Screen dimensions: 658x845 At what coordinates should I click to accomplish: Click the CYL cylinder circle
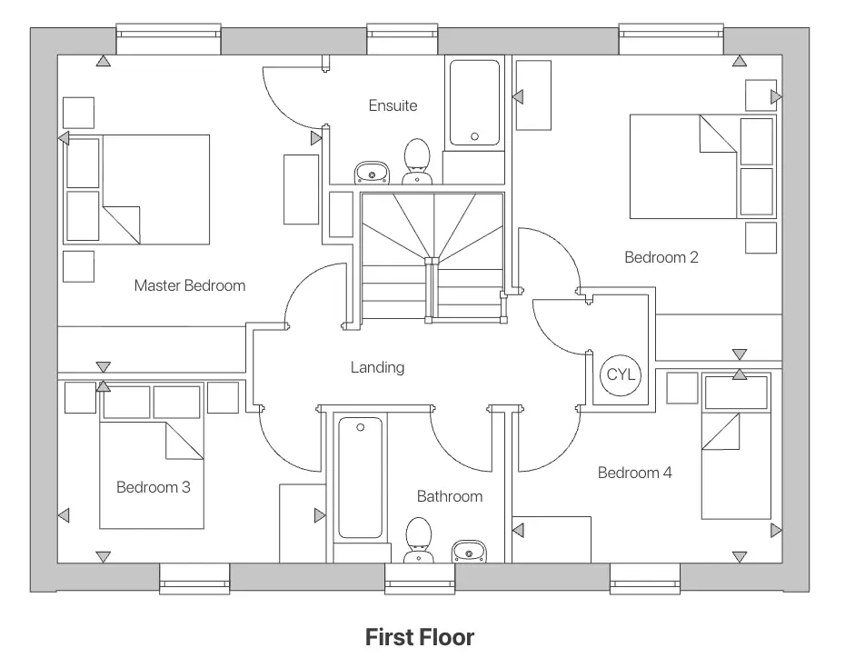click(x=621, y=374)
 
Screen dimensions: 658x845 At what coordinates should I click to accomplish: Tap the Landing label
click(x=377, y=367)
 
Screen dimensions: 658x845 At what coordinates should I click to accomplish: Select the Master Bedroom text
click(x=190, y=285)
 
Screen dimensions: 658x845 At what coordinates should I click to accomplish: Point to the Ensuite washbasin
click(x=372, y=172)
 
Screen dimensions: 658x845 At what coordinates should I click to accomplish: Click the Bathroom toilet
click(x=418, y=538)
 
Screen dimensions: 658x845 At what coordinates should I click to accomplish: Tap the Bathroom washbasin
click(x=469, y=550)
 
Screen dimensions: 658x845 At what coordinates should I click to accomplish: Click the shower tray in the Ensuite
click(x=474, y=102)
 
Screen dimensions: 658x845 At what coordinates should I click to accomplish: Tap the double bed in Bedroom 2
click(x=691, y=166)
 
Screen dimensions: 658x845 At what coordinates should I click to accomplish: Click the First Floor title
click(x=420, y=637)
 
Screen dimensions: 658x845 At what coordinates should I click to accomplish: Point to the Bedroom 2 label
click(x=661, y=257)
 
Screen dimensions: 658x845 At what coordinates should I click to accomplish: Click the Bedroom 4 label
click(x=634, y=473)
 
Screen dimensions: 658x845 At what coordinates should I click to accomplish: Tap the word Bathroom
click(x=450, y=496)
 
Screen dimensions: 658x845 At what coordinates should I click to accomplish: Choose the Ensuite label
click(x=393, y=105)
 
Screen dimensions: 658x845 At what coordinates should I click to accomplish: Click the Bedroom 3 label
click(x=154, y=487)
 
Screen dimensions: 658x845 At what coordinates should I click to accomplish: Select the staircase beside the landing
click(x=432, y=254)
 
